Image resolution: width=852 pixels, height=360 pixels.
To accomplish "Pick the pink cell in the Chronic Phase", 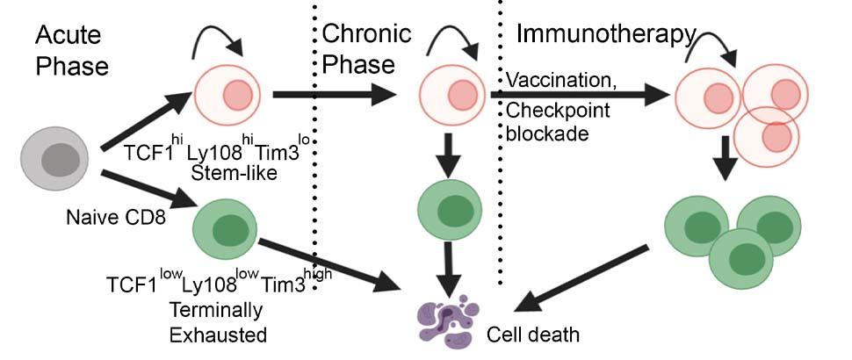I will (x=454, y=95).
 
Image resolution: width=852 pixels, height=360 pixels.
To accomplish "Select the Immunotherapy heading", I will (x=605, y=35).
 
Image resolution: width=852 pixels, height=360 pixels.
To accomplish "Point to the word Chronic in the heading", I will (x=366, y=35).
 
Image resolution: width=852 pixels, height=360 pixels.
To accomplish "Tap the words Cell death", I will (x=534, y=335).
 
